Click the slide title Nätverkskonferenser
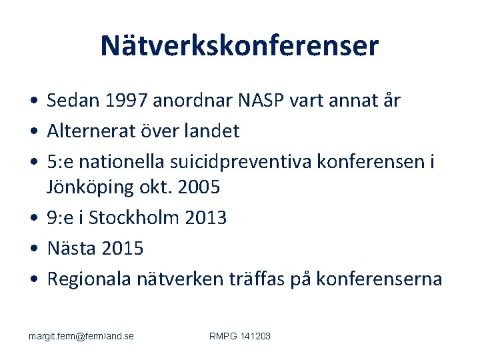point(239,46)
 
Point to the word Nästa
point(70,249)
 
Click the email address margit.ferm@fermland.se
point(81,336)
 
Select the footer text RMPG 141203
point(239,336)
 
